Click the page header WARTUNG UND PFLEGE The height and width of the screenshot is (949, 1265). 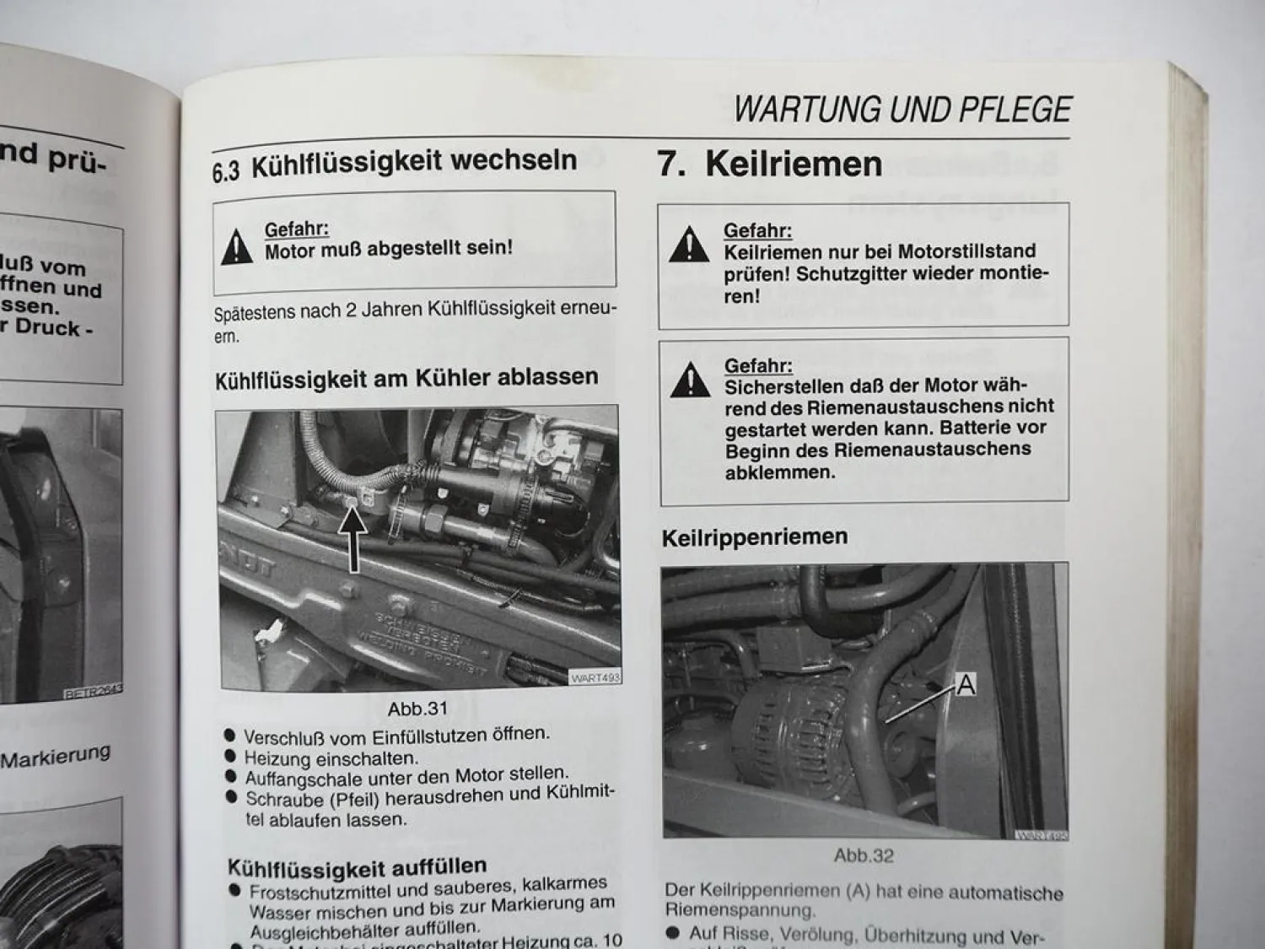coord(902,111)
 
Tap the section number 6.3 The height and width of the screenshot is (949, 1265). coord(226,172)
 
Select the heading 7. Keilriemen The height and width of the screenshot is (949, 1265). coord(769,164)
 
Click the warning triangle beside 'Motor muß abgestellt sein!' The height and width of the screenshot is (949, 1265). coord(237,247)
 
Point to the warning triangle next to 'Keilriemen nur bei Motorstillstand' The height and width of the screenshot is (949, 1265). coord(689,244)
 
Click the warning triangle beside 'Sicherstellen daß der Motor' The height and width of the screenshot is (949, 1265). coord(690,380)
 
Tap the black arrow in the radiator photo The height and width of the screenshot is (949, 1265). coord(354,540)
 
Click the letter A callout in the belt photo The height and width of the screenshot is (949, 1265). coord(966,686)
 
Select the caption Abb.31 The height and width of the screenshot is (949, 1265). coord(417,709)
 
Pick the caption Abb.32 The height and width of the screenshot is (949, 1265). coord(863,855)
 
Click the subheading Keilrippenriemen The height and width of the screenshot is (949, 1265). coord(755,537)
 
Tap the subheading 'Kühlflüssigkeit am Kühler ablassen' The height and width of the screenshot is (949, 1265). coord(406,378)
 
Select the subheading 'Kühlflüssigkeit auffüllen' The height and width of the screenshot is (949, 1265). coord(357,866)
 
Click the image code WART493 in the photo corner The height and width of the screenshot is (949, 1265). coord(595,677)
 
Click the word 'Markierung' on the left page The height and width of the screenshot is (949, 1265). coord(56,756)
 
